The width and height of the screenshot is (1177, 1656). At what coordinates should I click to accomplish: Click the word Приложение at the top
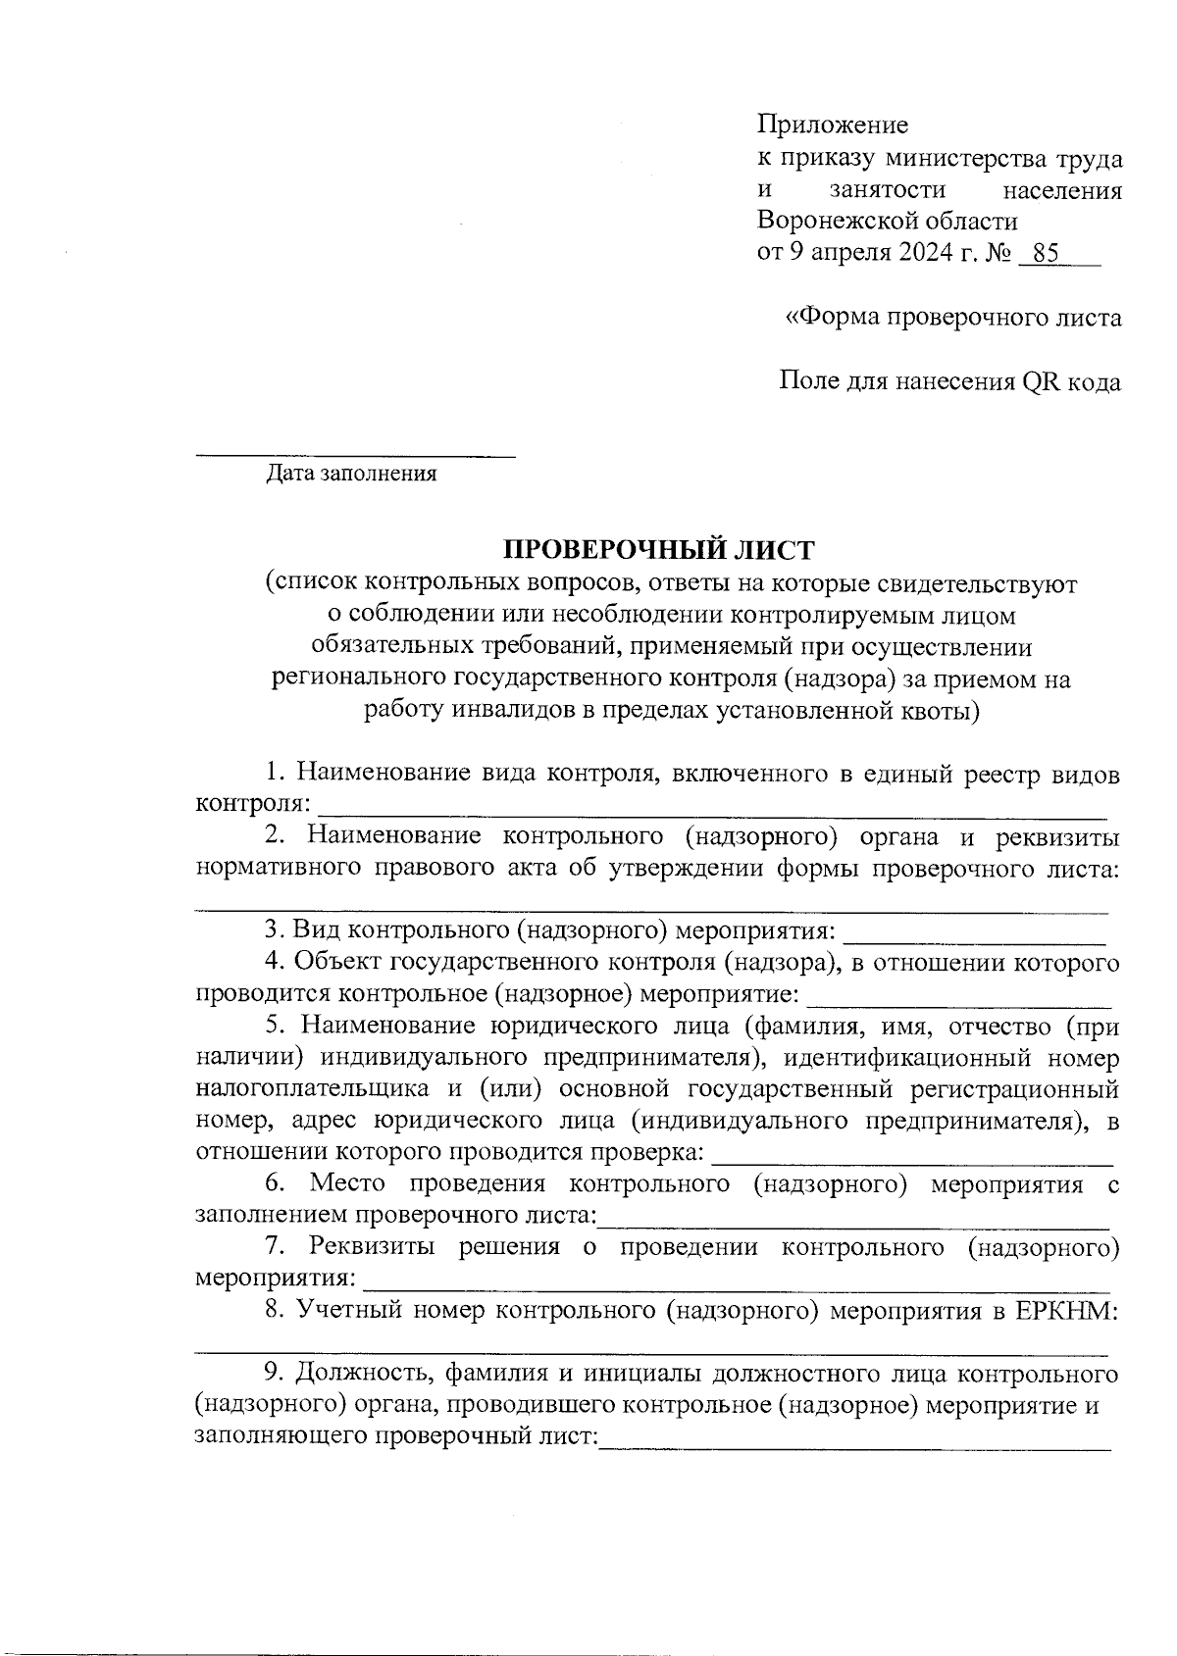(833, 125)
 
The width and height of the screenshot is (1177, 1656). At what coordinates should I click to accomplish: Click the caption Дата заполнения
(351, 476)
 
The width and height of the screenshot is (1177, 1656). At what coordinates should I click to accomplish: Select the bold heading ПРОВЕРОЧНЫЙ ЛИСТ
(659, 549)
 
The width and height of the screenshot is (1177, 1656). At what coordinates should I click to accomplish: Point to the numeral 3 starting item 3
(272, 929)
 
